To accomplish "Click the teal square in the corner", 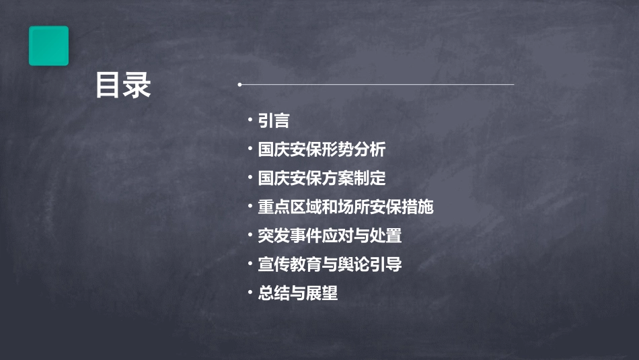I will click(48, 46).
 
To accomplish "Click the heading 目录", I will click(123, 86).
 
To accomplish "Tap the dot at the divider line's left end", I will click(239, 85).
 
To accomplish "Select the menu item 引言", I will click(274, 120).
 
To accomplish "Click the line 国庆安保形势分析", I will click(322, 149).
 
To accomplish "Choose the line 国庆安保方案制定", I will click(322, 178).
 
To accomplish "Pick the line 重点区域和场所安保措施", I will click(346, 207).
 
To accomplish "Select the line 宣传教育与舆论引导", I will click(330, 264).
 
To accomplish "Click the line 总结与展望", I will click(298, 293).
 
